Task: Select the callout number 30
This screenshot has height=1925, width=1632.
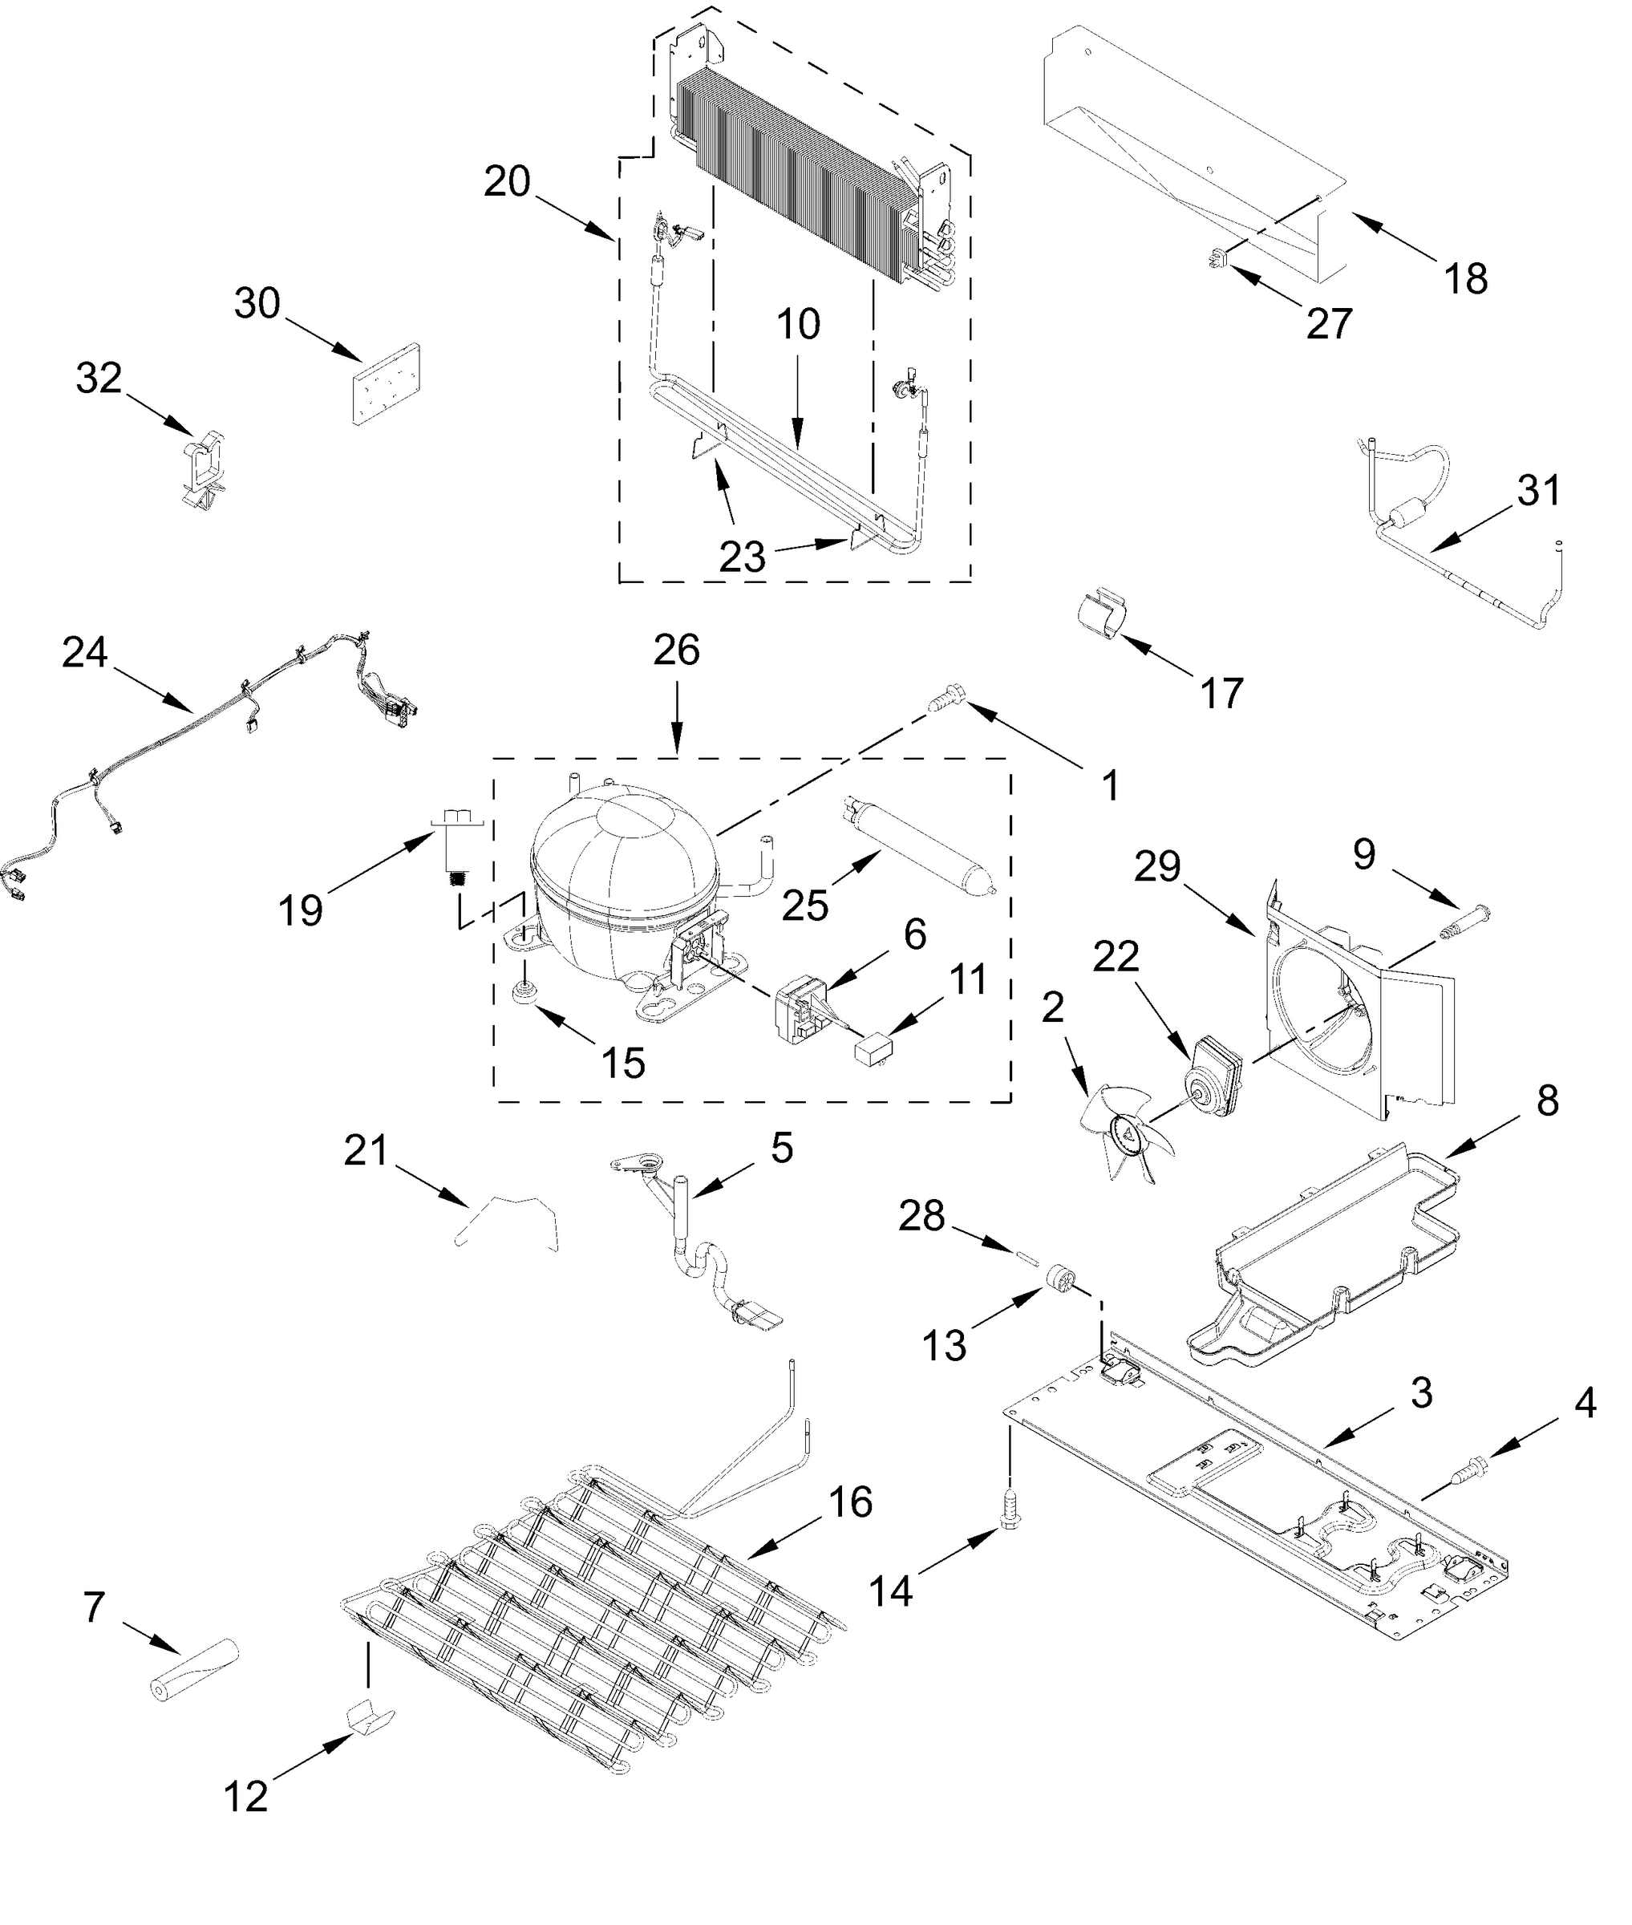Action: click(x=257, y=303)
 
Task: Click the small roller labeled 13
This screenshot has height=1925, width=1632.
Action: click(x=1059, y=1280)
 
